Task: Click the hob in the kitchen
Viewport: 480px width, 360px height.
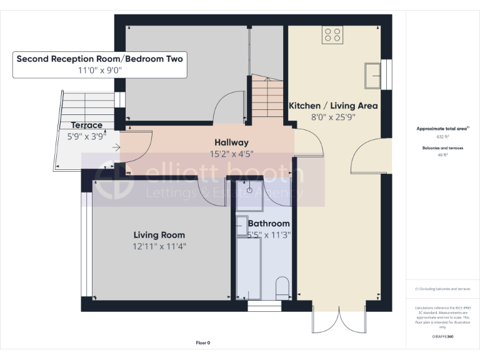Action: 332,35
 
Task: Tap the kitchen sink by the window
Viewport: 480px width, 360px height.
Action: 373,75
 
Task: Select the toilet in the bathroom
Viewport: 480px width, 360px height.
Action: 282,287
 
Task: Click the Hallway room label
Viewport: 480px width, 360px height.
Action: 231,142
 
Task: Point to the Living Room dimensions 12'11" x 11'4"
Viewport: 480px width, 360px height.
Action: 159,246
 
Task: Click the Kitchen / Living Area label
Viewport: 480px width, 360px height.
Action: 332,106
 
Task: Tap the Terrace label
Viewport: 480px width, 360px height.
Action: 87,125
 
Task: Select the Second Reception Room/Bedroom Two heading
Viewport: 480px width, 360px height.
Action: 100,59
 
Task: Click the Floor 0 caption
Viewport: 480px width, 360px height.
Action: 203,342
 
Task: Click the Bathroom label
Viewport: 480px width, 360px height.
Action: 269,224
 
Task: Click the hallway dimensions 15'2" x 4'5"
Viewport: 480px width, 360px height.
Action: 231,154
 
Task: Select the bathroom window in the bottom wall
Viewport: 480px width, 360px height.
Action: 264,306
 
